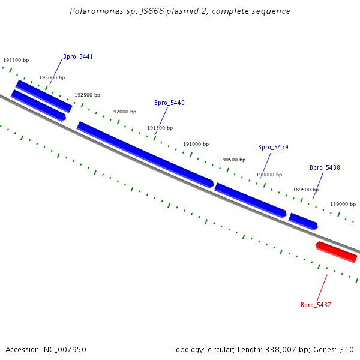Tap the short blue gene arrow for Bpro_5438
point(303,221)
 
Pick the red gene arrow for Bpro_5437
point(337,252)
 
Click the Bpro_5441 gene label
point(78,57)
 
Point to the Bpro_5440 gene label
point(169,103)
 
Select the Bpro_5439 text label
point(273,148)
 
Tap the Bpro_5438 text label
point(325,168)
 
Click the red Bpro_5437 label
point(316,305)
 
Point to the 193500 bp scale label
point(16,61)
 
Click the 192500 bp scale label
point(88,95)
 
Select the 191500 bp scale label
point(160,128)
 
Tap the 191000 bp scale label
point(196,145)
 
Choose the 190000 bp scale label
point(269,175)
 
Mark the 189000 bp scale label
point(343,205)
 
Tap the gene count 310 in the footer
point(347,350)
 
